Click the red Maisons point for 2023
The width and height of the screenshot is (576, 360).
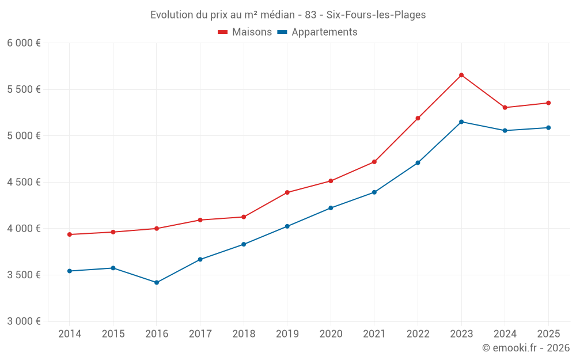click(x=461, y=75)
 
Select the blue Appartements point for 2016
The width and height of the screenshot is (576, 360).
click(x=157, y=283)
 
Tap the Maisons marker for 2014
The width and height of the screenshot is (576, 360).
click(x=70, y=234)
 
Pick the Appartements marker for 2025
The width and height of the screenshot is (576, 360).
click(x=548, y=128)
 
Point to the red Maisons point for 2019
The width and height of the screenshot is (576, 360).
click(x=287, y=192)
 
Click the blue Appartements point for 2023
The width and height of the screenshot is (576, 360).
click(x=461, y=122)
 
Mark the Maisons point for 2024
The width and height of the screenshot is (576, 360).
click(x=505, y=108)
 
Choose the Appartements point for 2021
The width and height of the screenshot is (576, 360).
click(x=374, y=192)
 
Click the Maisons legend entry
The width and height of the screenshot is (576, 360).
click(x=245, y=32)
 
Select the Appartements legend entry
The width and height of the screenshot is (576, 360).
click(x=317, y=32)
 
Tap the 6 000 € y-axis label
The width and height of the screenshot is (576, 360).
click(x=24, y=43)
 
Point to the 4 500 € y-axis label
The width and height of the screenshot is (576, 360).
click(x=24, y=182)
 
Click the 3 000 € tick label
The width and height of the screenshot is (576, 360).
click(x=24, y=321)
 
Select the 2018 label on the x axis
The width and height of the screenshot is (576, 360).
click(x=244, y=334)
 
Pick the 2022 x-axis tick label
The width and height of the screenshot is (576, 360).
click(x=418, y=334)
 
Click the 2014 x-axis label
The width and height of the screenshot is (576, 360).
click(x=70, y=334)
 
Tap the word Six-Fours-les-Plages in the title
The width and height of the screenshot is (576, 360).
click(x=376, y=15)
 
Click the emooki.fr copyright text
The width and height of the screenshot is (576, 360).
click(x=526, y=348)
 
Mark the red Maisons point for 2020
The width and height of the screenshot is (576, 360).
click(x=331, y=181)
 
